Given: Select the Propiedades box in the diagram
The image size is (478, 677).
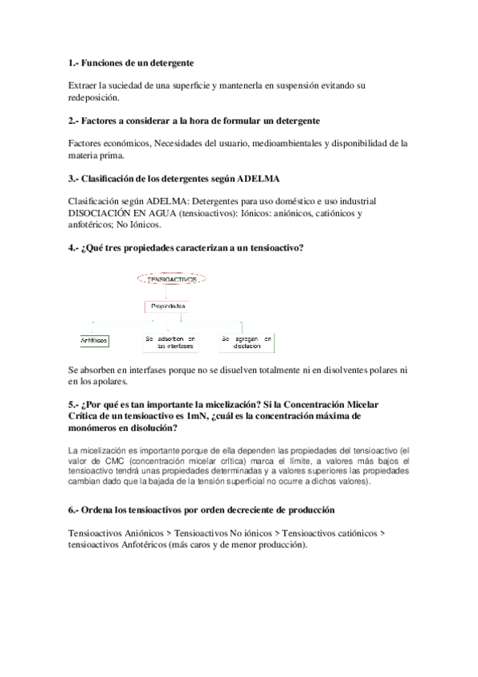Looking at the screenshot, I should [x=167, y=306].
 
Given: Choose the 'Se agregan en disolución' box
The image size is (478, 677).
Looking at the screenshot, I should [x=247, y=342].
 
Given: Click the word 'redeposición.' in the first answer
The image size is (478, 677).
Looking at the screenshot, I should [x=93, y=97].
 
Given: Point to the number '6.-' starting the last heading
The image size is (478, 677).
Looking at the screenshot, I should [x=74, y=509].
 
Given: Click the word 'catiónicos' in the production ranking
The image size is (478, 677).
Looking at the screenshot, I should [x=350, y=532].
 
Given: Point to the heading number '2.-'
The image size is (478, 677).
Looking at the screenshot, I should [x=74, y=120].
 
